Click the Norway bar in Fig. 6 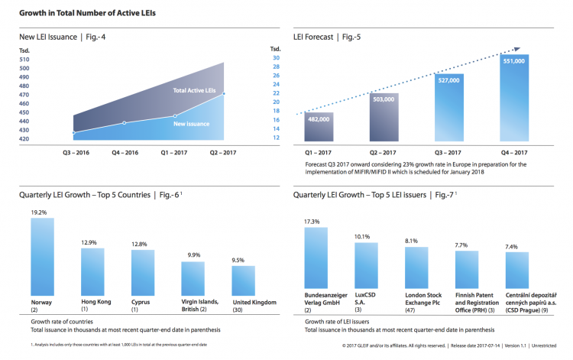[x=42, y=251]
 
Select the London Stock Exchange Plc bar [x=416, y=268]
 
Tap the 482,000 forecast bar [x=319, y=127]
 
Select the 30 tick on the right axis [x=276, y=58]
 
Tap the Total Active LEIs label [x=195, y=91]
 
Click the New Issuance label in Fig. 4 [x=192, y=123]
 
